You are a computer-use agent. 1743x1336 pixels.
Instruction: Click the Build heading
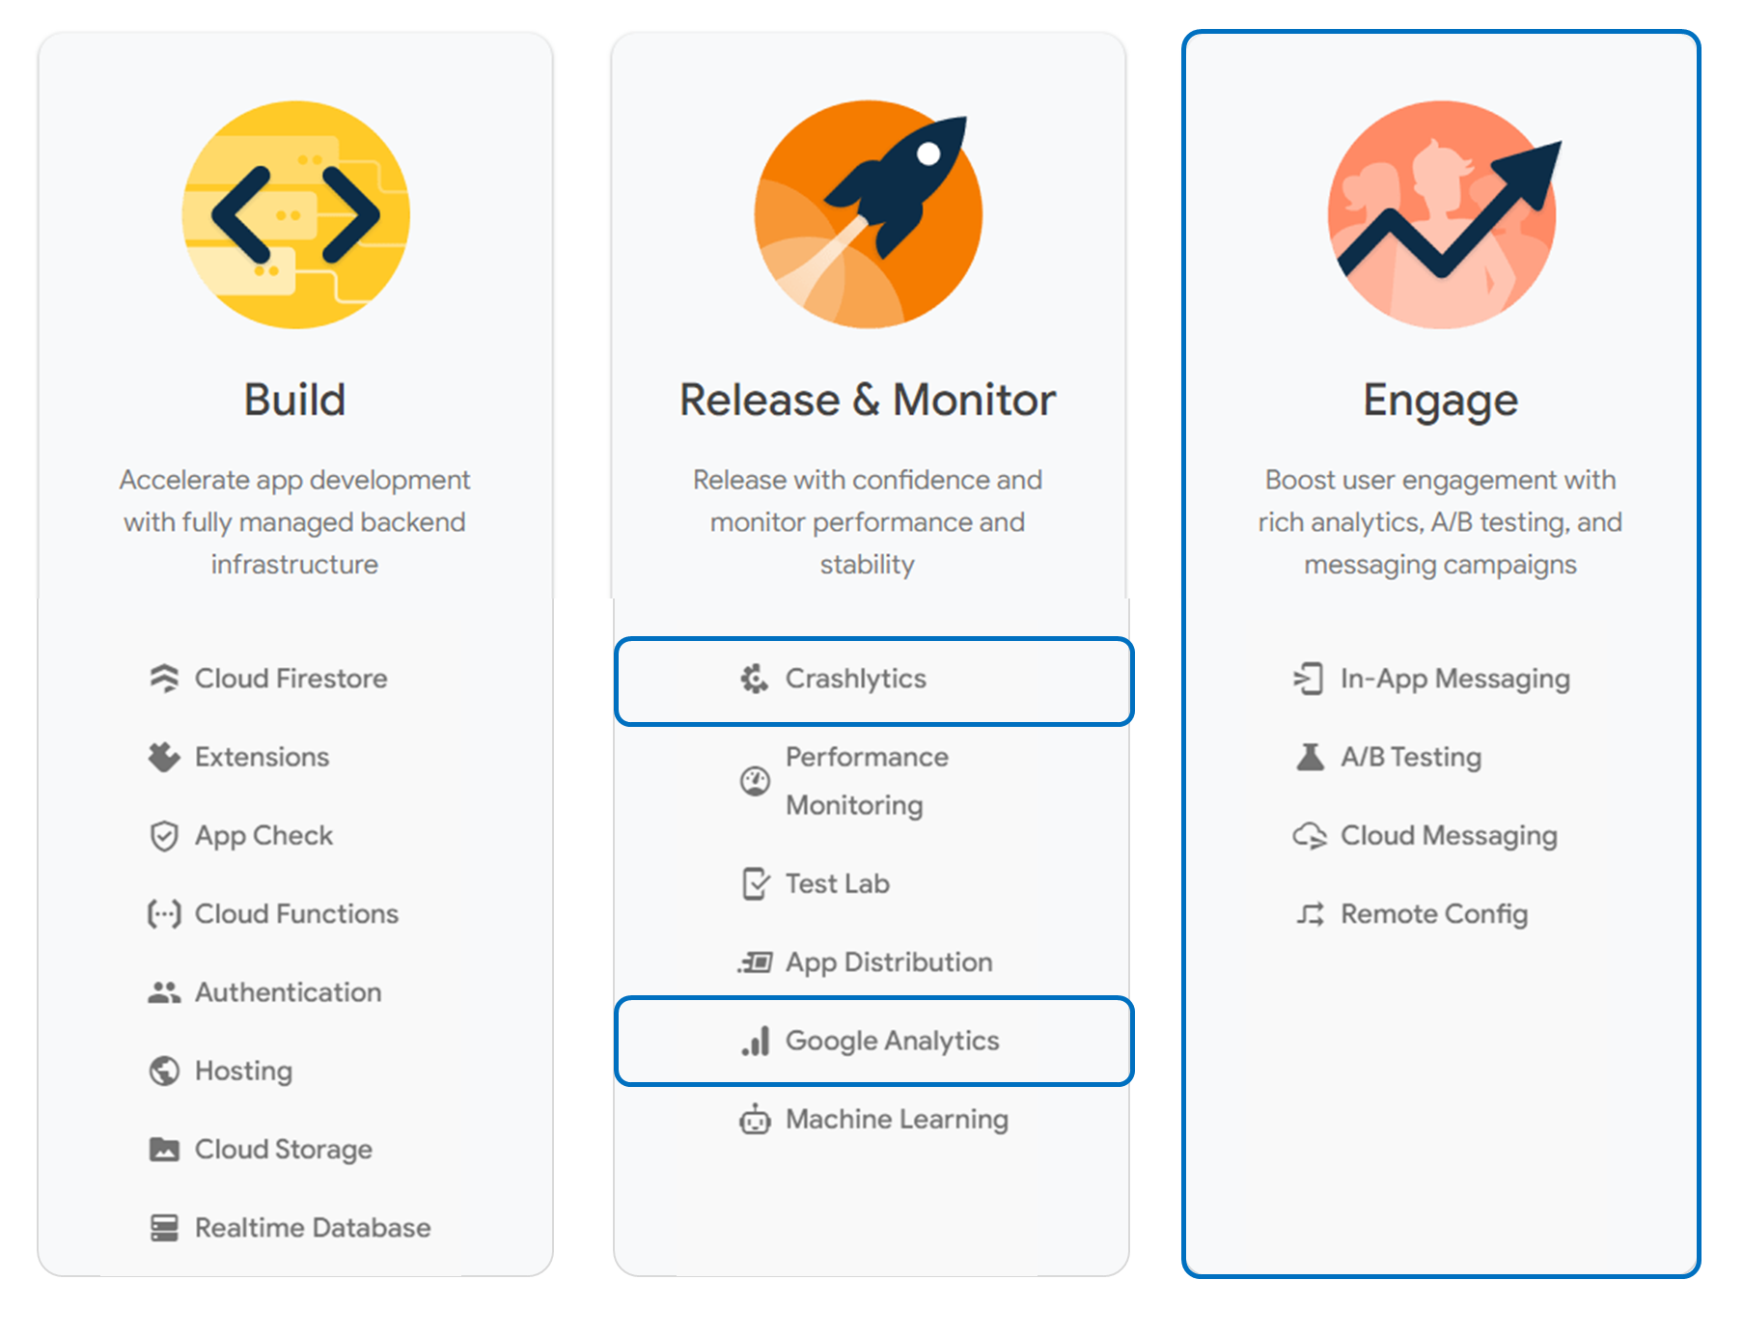tap(294, 400)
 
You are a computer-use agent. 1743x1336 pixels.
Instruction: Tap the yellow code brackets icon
tap(295, 214)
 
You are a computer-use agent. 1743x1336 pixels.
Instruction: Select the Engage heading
tap(1440, 401)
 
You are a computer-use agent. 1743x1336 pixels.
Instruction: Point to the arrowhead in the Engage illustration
tap(1535, 169)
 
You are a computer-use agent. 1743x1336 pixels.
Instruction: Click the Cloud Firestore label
tap(290, 679)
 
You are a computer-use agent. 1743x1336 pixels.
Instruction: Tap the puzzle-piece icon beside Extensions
tap(164, 757)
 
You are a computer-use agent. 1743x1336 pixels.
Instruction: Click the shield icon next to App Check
tap(164, 836)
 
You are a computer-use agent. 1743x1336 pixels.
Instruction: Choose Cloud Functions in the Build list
tap(296, 914)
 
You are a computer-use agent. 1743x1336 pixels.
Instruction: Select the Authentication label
tap(288, 992)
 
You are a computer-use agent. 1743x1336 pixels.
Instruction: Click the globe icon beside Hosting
tap(164, 1071)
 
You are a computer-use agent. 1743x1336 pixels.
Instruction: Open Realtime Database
tap(313, 1228)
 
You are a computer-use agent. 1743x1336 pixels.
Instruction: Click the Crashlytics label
tap(855, 679)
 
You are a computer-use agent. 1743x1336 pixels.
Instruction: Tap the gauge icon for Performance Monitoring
tap(755, 781)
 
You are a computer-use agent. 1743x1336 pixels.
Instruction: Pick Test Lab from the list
tap(837, 883)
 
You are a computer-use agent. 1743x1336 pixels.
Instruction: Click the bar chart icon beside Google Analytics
tap(756, 1042)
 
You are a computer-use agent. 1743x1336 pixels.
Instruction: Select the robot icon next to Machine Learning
tap(755, 1120)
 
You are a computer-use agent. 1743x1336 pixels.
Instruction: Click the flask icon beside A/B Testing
tap(1310, 757)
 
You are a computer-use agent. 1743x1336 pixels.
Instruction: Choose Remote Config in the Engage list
tap(1433, 914)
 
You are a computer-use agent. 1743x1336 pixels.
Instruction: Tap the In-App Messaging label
tap(1454, 679)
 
